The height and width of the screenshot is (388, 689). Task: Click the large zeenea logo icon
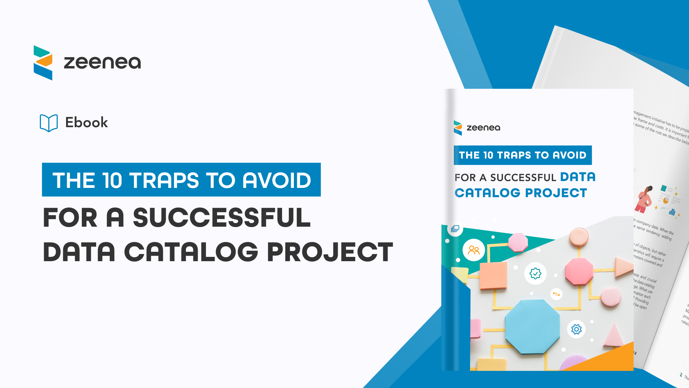pyautogui.click(x=43, y=63)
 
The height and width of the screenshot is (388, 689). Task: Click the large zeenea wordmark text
pyautogui.click(x=102, y=63)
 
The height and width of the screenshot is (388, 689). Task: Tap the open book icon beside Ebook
pyautogui.click(x=49, y=123)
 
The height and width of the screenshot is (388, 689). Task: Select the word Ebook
pyautogui.click(x=86, y=123)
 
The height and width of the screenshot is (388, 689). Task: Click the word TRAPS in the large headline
pyautogui.click(x=164, y=180)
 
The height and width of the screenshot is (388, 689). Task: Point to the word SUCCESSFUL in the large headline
pyautogui.click(x=221, y=218)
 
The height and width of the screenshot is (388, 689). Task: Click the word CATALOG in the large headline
pyautogui.click(x=191, y=252)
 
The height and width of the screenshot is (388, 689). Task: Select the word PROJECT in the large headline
pyautogui.click(x=330, y=252)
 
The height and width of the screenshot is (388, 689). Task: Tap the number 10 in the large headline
pyautogui.click(x=112, y=180)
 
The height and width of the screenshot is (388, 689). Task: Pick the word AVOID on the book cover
pyautogui.click(x=569, y=155)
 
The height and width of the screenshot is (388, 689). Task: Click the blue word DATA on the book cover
pyautogui.click(x=578, y=177)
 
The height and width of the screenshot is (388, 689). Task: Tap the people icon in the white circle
pyautogui.click(x=474, y=250)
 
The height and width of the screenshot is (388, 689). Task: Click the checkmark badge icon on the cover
pyautogui.click(x=535, y=273)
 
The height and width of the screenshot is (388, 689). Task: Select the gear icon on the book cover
pyautogui.click(x=576, y=329)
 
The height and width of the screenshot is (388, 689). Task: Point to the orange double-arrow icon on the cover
pyautogui.click(x=556, y=294)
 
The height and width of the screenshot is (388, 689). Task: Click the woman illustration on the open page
pyautogui.click(x=645, y=200)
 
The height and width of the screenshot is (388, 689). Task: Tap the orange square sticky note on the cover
pyautogui.click(x=493, y=276)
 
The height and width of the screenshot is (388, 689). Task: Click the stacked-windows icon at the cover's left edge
pyautogui.click(x=455, y=228)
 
